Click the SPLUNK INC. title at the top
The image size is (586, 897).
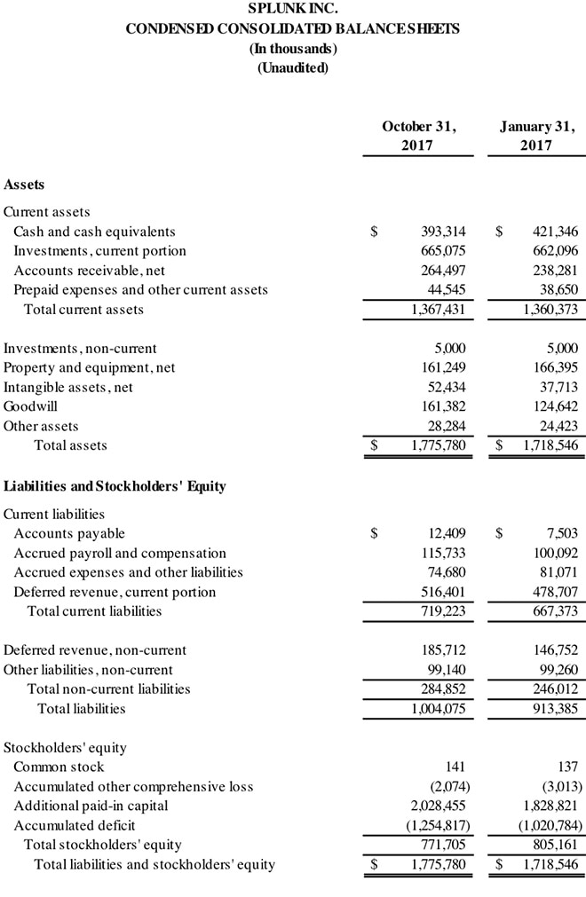(x=292, y=10)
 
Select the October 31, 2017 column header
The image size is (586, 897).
(x=418, y=135)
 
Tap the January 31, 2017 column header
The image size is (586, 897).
(x=536, y=135)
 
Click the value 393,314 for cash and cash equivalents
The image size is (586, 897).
(x=443, y=232)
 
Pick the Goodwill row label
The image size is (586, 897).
(x=29, y=406)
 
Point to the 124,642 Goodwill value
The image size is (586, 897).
(x=556, y=406)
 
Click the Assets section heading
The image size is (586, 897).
(x=24, y=185)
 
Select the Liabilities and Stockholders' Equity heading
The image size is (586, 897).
(x=115, y=486)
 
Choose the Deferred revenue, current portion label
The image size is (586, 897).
(x=115, y=592)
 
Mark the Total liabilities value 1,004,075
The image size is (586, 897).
(x=439, y=709)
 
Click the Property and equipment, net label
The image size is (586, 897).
(x=90, y=367)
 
